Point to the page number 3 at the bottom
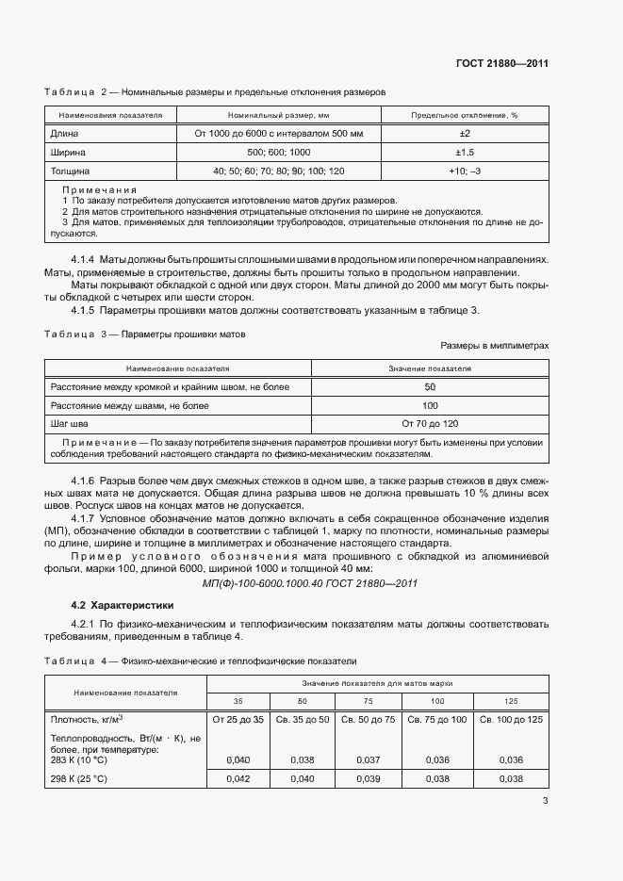coord(545,801)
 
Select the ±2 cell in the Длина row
coord(464,134)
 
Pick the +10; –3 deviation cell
coord(464,171)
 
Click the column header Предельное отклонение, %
coord(464,115)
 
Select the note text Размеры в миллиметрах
coord(494,346)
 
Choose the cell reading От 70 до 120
coord(429,423)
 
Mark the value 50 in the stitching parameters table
coord(429,387)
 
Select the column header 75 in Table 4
coord(369,701)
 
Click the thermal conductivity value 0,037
coord(369,759)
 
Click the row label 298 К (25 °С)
coord(82,779)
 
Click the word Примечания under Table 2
coord(99,189)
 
